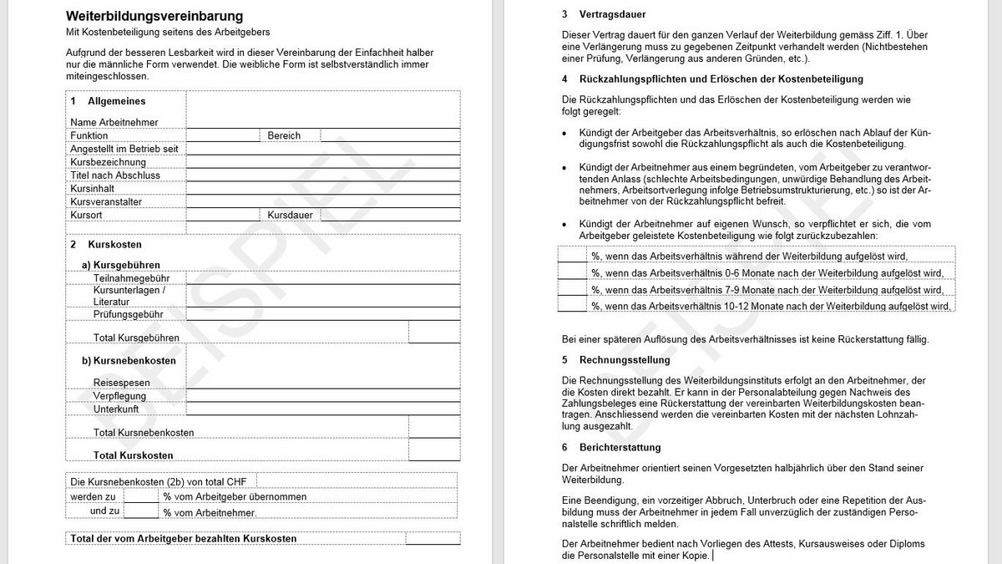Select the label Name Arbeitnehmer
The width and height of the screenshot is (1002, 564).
pyautogui.click(x=114, y=122)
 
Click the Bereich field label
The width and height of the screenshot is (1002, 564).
pyautogui.click(x=284, y=135)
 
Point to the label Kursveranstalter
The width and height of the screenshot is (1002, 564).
pyautogui.click(x=106, y=202)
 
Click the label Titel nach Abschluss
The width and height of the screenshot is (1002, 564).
pyautogui.click(x=115, y=175)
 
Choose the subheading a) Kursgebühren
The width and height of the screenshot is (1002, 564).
pyautogui.click(x=121, y=265)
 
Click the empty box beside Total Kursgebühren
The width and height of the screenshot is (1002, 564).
pyautogui.click(x=434, y=333)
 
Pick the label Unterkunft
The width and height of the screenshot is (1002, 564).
pyautogui.click(x=116, y=409)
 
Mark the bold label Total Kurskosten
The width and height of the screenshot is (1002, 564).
pyautogui.click(x=134, y=455)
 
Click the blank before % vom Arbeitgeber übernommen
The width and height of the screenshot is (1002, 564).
pyautogui.click(x=140, y=495)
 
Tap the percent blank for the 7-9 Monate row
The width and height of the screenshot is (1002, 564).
pyautogui.click(x=572, y=289)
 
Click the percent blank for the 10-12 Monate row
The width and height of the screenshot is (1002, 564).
pyautogui.click(x=572, y=305)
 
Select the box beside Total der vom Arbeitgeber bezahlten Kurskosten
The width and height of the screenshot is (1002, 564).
pyautogui.click(x=433, y=539)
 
